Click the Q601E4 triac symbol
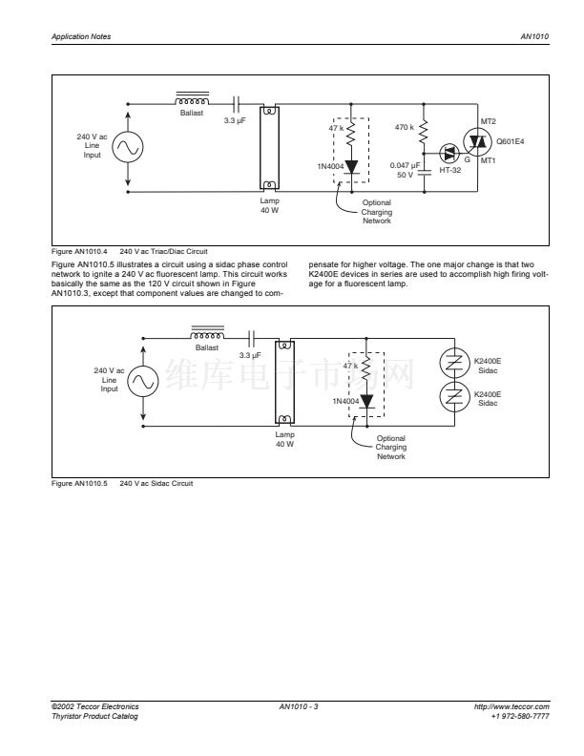pos(477,141)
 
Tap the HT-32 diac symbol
pos(449,154)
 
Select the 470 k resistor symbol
pos(424,132)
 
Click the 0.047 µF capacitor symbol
pos(424,172)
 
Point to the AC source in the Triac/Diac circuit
pos(128,147)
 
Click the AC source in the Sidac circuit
pos(143,382)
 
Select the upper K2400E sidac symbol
pos(454,362)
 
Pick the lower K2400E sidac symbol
pos(454,396)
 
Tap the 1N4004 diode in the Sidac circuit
pos(366,401)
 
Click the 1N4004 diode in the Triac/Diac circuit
pos(351,167)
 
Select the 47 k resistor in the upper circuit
pos(351,132)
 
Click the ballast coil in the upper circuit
pos(192,99)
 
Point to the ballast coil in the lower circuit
pos(207,334)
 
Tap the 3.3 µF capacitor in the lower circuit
pos(251,339)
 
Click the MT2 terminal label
pos(489,121)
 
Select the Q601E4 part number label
pos(511,141)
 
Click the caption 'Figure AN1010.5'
pos(79,483)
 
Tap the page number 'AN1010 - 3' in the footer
pos(299,706)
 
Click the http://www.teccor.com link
pos(511,706)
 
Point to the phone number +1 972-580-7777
pos(520,716)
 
